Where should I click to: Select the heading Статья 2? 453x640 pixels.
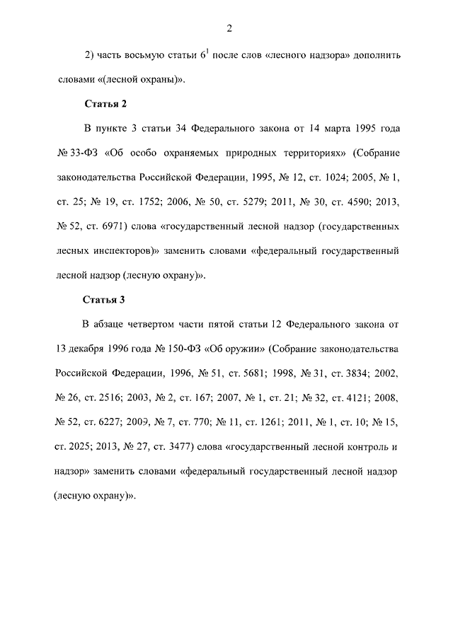point(105,104)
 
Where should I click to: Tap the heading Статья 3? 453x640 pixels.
point(105,300)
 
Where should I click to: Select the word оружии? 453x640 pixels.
point(243,349)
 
